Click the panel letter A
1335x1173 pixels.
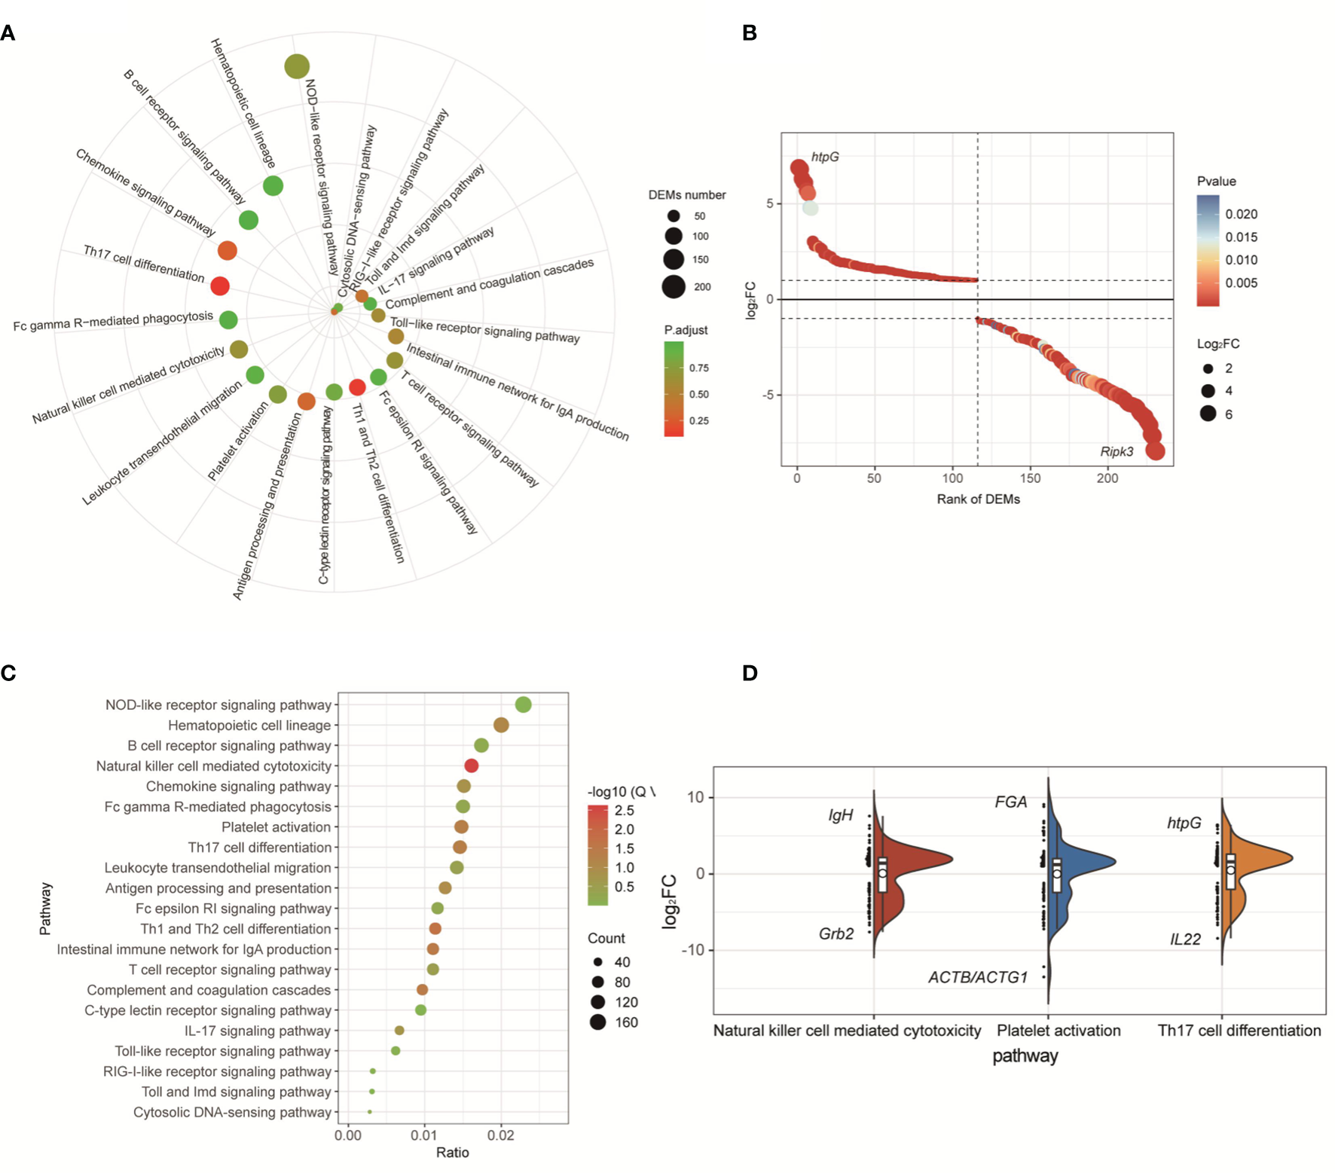click(x=8, y=33)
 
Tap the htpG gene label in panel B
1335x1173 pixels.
click(x=824, y=157)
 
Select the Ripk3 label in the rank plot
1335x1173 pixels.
click(x=1116, y=451)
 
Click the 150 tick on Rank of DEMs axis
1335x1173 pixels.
click(x=1030, y=478)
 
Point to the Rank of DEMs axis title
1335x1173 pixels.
click(x=978, y=499)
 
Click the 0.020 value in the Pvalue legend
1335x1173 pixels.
click(x=1241, y=214)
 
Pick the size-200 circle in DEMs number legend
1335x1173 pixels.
click(x=674, y=286)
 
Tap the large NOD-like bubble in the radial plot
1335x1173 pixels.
click(x=297, y=66)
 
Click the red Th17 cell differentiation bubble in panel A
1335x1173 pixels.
click(x=220, y=286)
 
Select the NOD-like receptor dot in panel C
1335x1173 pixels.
click(x=524, y=704)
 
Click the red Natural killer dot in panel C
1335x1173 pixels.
click(x=471, y=765)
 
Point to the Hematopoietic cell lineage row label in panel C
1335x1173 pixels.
click(x=249, y=725)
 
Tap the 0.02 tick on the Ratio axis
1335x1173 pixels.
click(x=501, y=1135)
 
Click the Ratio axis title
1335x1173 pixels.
click(x=452, y=1152)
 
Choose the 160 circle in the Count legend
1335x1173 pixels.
click(x=598, y=1022)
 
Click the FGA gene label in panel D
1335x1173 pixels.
click(x=1010, y=802)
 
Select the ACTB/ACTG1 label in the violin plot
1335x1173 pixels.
click(x=977, y=977)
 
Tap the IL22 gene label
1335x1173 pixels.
click(x=1185, y=939)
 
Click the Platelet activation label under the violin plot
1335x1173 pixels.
click(x=1059, y=1031)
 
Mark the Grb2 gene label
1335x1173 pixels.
click(x=836, y=933)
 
